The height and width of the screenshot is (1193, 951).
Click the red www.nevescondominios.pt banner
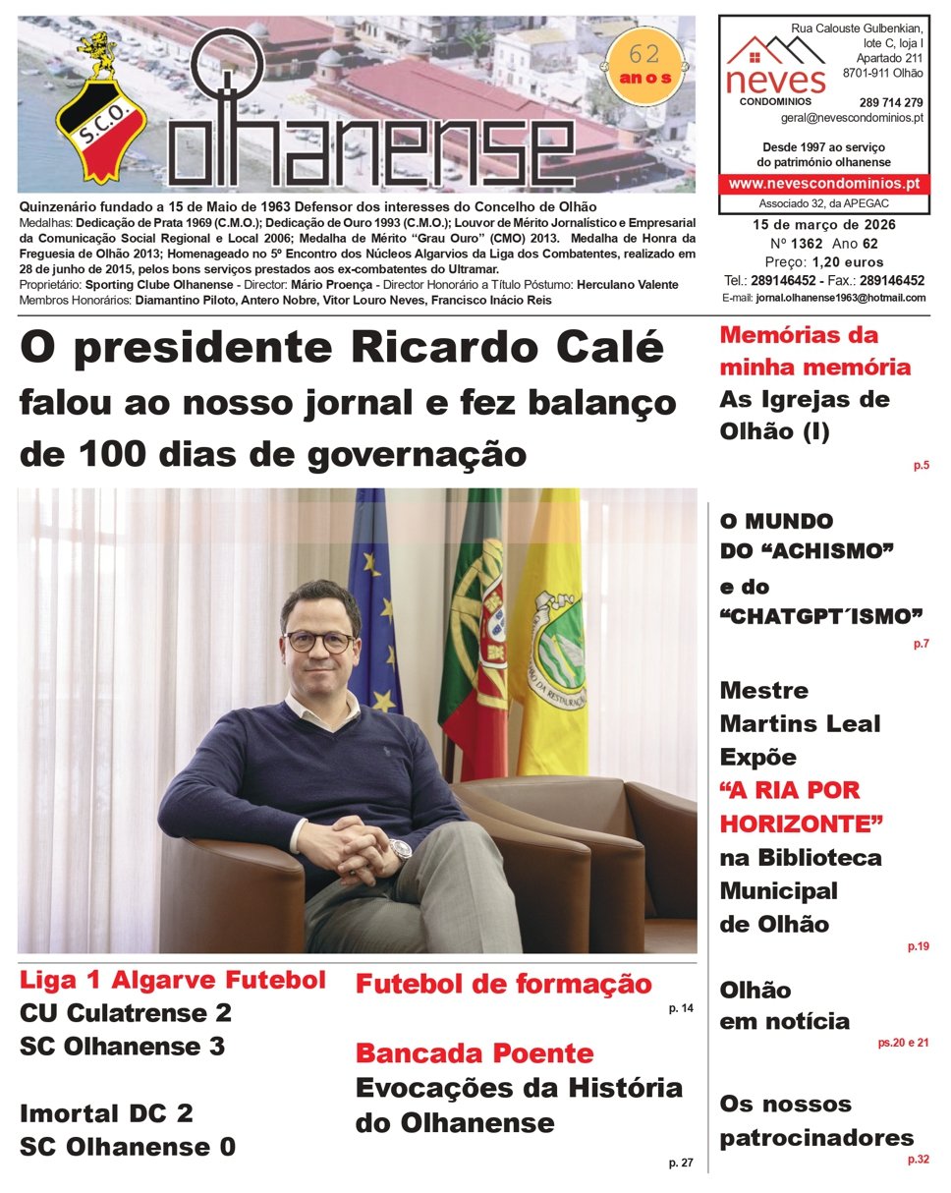pos(823,183)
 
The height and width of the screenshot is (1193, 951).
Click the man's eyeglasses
pos(319,642)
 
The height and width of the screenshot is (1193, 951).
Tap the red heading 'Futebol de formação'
pos(503,984)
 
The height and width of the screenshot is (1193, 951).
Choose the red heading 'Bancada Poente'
pos(474,1053)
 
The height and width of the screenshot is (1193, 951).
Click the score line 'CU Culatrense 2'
pos(126,1013)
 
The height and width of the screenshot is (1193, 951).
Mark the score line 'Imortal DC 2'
pos(106,1113)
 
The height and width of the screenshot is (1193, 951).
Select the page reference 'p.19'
pos(918,947)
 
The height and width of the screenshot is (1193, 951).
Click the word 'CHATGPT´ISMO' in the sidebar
pos(821,617)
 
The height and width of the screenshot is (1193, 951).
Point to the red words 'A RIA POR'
pos(789,790)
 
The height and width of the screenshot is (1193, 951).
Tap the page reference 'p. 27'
pos(680,1164)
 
